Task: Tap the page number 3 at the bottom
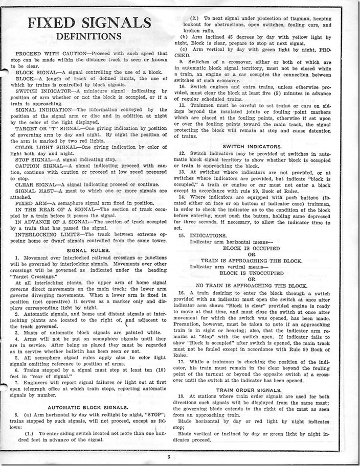click(180, 456)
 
